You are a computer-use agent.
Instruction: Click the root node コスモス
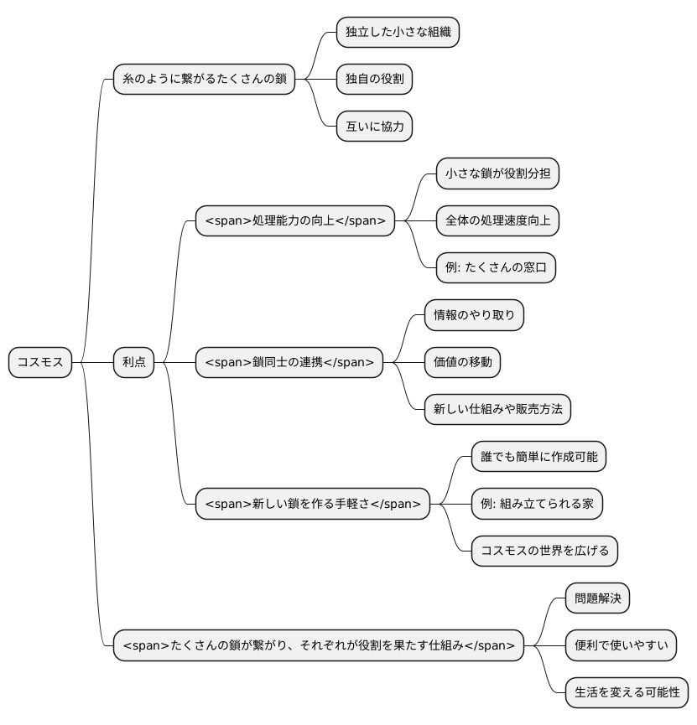click(x=40, y=363)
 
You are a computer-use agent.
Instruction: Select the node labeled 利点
click(x=134, y=363)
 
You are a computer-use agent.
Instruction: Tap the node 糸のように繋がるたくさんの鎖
click(x=205, y=80)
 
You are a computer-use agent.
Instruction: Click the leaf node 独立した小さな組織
click(x=398, y=33)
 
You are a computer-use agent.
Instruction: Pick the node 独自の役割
click(x=374, y=80)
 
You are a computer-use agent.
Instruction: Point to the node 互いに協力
click(x=374, y=127)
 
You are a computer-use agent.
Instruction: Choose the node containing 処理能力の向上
click(x=295, y=221)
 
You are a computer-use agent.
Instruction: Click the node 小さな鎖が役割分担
click(x=497, y=174)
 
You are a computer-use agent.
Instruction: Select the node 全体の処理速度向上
click(x=497, y=221)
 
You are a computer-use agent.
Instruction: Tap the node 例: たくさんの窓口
click(x=496, y=268)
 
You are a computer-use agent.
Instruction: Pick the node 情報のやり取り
click(x=474, y=315)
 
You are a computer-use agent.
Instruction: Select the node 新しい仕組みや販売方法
click(x=497, y=410)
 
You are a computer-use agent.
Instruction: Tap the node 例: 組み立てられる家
click(x=537, y=505)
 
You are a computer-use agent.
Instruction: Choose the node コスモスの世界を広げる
click(x=544, y=552)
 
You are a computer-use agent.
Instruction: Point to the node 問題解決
click(x=596, y=598)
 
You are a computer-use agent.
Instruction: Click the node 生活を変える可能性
click(x=627, y=693)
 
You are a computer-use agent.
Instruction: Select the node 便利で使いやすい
click(x=621, y=646)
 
